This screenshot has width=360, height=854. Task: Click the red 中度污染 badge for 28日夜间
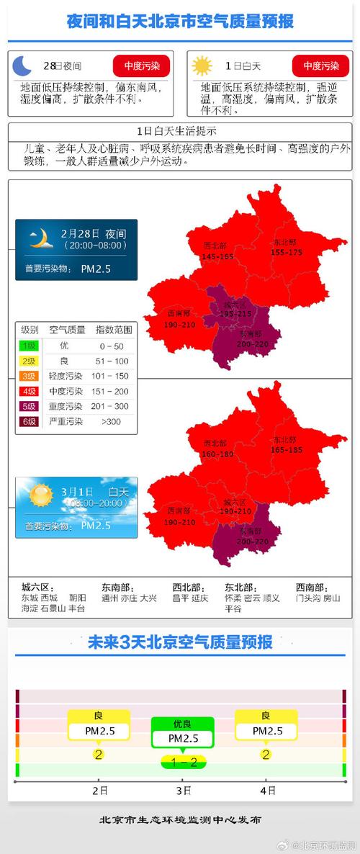pyautogui.click(x=141, y=66)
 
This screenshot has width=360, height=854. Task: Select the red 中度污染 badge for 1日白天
pyautogui.click(x=320, y=66)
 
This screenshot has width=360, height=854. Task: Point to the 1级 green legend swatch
pyautogui.click(x=30, y=346)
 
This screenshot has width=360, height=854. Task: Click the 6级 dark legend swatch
pyautogui.click(x=30, y=421)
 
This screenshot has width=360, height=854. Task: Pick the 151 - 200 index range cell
pyautogui.click(x=114, y=391)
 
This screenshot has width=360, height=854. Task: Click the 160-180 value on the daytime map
pyautogui.click(x=217, y=454)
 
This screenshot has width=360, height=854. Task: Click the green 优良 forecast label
pyautogui.click(x=182, y=724)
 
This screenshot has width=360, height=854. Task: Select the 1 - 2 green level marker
pyautogui.click(x=183, y=762)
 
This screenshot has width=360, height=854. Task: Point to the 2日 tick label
pyautogui.click(x=99, y=790)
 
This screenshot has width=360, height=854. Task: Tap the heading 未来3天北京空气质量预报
pyautogui.click(x=179, y=642)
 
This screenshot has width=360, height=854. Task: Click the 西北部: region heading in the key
pyautogui.click(x=188, y=586)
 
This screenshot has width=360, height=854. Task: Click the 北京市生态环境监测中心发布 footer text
pyautogui.click(x=180, y=819)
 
